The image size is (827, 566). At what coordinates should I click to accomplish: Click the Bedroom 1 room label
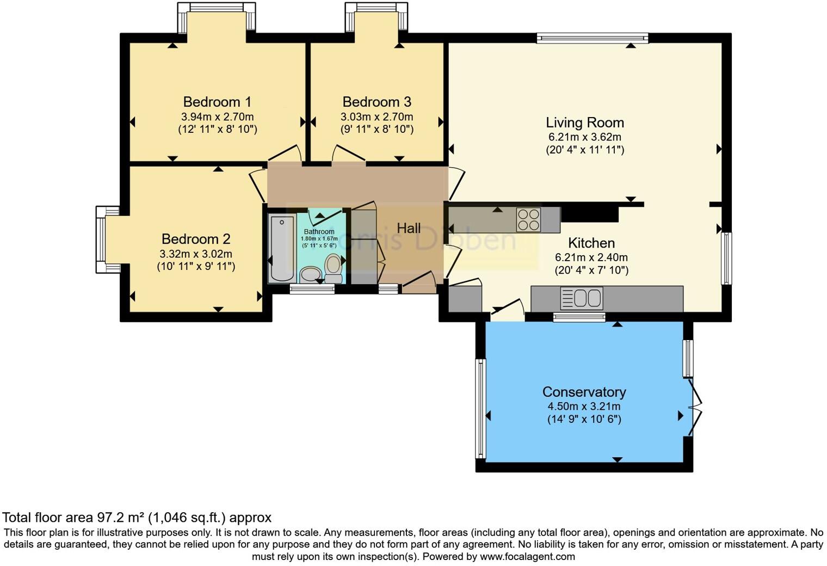(x=217, y=102)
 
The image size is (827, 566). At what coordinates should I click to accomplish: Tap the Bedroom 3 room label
(x=377, y=102)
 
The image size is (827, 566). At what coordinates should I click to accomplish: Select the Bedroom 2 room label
(x=196, y=239)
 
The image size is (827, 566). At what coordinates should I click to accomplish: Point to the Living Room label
(x=585, y=122)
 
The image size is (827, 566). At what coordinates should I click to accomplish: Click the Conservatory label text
(x=584, y=392)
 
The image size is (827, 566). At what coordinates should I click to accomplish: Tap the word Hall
(x=409, y=228)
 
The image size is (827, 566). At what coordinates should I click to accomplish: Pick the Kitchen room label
(x=591, y=243)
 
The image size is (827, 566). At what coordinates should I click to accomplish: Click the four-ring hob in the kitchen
(x=528, y=220)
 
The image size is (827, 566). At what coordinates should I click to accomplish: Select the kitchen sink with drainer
(x=582, y=298)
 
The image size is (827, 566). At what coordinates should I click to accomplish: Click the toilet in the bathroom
(x=333, y=268)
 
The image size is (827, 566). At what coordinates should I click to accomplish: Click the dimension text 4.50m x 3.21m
(x=584, y=407)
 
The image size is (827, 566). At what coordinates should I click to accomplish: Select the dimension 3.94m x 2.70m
(x=218, y=116)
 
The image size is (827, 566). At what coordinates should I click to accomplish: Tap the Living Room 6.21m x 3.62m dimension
(x=585, y=137)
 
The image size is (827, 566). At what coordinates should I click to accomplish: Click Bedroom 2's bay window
(x=108, y=239)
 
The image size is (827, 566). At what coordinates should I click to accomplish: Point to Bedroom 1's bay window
(x=217, y=17)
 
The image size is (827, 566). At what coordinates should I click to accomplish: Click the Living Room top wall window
(x=593, y=38)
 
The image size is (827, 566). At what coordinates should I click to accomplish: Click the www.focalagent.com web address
(x=528, y=556)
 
